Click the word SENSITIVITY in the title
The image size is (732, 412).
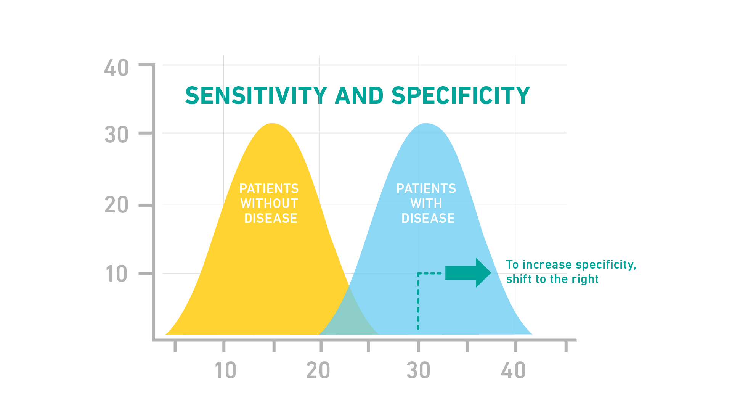tap(256, 95)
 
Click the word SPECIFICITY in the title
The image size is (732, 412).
tap(461, 95)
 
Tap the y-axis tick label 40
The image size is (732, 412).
tap(117, 68)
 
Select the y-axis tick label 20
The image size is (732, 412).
tap(117, 205)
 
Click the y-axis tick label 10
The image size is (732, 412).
tap(117, 274)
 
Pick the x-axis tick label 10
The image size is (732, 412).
tap(225, 370)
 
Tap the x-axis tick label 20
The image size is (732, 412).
tap(318, 370)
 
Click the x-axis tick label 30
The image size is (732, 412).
tap(418, 370)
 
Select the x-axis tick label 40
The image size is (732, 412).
tap(514, 370)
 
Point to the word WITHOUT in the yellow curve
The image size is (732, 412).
tap(269, 203)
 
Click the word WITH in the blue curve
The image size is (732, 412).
tap(426, 203)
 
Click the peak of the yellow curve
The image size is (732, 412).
tap(272, 125)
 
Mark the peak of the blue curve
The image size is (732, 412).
tap(426, 125)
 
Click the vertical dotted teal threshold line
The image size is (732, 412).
tap(418, 305)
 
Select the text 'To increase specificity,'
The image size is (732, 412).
tap(571, 264)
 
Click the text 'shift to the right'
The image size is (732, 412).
tap(552, 279)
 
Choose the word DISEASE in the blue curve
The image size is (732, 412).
tap(428, 218)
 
